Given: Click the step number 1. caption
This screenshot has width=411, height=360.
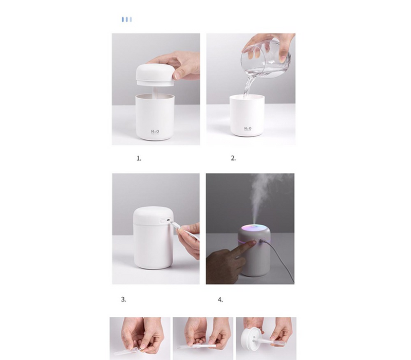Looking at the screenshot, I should [x=139, y=158].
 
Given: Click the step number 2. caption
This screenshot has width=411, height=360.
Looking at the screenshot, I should [x=233, y=158].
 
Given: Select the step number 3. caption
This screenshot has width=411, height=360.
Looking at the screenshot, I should [x=123, y=299].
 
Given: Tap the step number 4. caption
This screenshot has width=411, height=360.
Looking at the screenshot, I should [x=220, y=299].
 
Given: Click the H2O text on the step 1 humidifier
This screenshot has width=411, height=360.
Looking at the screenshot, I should [x=155, y=131].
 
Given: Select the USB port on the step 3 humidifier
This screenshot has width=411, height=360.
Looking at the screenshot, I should [x=164, y=221].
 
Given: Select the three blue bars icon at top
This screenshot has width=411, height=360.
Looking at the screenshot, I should [x=126, y=20].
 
